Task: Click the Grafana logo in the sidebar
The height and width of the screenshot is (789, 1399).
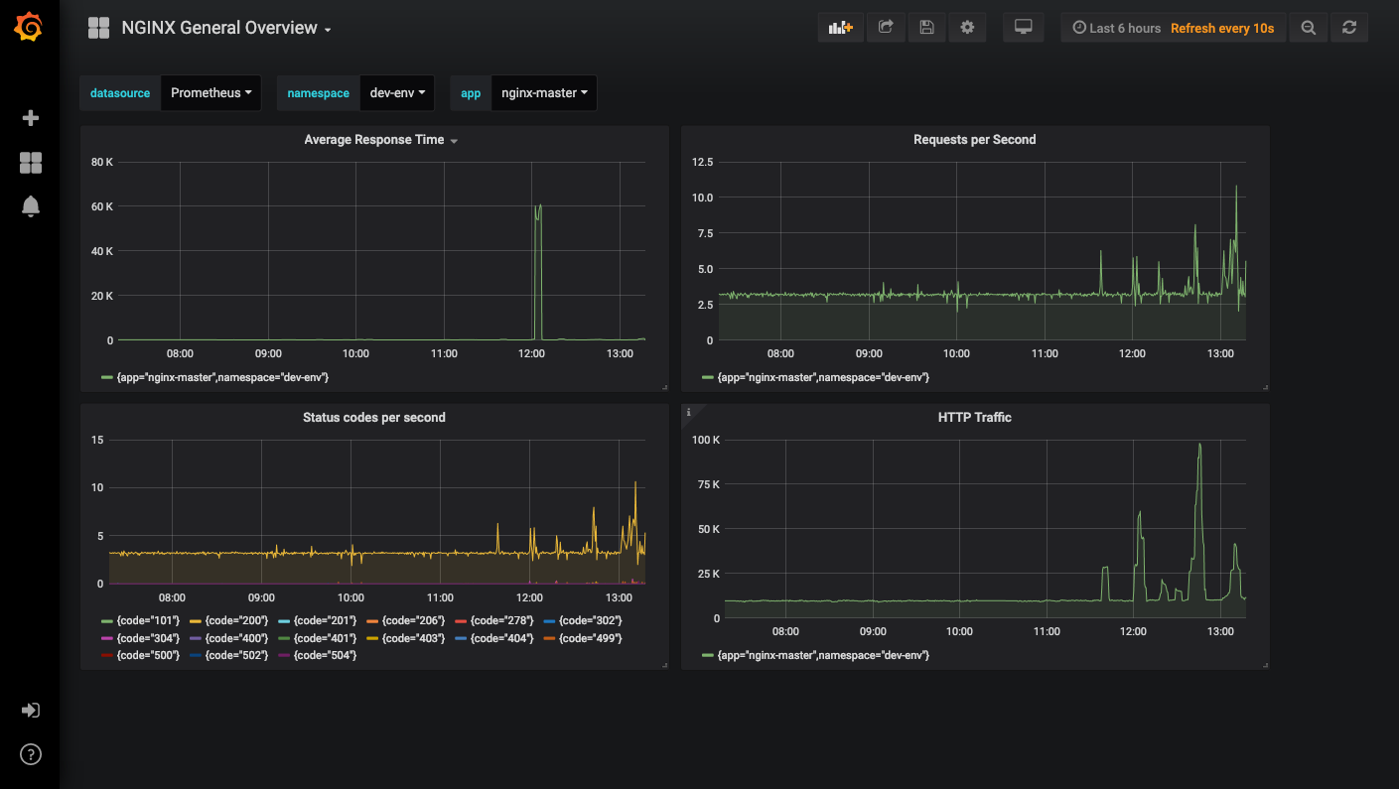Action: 29,28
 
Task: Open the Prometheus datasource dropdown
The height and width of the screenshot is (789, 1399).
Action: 211,93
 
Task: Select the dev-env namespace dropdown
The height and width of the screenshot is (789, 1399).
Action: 397,93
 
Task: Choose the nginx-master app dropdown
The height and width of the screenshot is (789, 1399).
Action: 544,93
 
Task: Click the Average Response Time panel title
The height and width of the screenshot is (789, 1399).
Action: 374,140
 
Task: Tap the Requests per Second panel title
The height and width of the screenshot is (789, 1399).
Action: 974,140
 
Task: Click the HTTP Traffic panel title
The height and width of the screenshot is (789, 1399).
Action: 974,418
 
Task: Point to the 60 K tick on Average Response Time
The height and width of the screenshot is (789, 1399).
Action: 102,206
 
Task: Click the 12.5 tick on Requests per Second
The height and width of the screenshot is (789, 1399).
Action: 702,163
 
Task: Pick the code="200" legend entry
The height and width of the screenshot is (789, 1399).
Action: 228,620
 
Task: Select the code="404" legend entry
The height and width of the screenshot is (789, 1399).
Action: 494,638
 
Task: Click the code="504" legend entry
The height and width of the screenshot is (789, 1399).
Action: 318,655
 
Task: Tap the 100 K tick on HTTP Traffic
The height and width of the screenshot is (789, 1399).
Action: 706,440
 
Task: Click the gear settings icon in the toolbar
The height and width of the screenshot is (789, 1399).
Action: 967,28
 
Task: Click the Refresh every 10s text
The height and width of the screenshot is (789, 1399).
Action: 1222,28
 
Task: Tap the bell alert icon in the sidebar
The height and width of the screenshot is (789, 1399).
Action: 31,206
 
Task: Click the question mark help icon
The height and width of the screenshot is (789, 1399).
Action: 31,754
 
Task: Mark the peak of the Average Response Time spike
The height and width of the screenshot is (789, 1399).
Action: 539,204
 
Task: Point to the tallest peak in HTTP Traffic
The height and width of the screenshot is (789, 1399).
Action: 1199,444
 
